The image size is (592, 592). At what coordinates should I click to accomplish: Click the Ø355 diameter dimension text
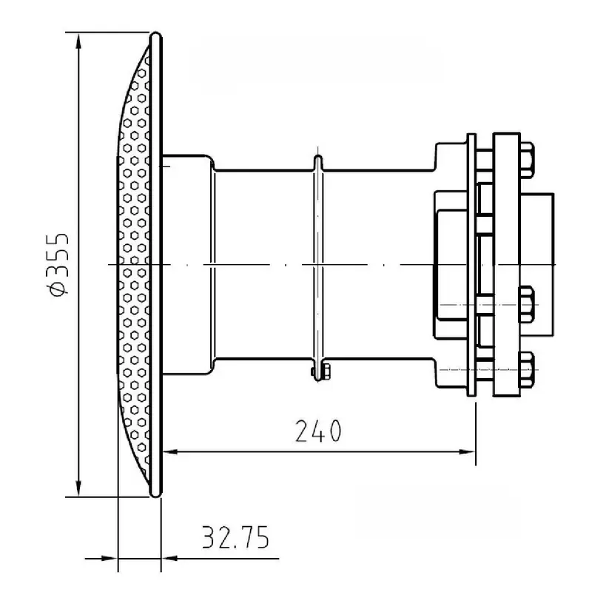click(59, 265)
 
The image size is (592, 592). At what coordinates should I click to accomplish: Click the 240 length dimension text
click(318, 431)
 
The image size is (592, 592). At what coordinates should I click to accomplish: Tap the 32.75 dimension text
click(235, 536)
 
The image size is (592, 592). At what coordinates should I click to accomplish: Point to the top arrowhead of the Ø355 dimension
click(78, 41)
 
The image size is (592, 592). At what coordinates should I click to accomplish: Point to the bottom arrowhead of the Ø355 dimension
click(78, 488)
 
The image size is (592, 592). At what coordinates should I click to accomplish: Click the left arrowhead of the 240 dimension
click(171, 451)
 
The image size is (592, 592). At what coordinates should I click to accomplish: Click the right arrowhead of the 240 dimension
click(467, 451)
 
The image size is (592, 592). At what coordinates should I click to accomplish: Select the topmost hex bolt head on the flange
click(527, 160)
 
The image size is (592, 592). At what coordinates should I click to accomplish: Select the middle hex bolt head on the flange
click(527, 304)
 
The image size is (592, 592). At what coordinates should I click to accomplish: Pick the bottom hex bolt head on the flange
click(527, 369)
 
